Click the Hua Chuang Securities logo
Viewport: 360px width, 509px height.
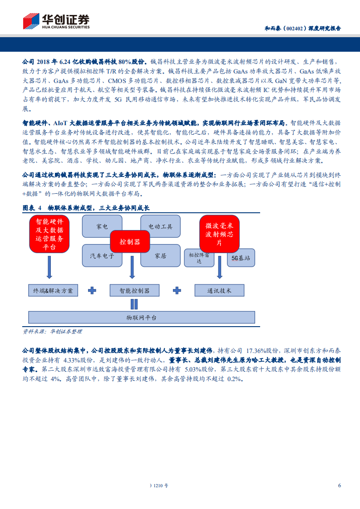56,21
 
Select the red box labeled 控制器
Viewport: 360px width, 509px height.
129,242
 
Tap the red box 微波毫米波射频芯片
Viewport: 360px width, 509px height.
219,234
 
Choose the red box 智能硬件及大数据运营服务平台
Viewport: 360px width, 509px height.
49,234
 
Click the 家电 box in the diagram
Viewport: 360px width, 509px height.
102,226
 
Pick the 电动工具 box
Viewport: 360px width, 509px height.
160,226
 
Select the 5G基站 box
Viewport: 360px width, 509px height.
241,257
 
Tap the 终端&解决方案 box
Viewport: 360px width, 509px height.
53,290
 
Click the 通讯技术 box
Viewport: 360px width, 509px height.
219,290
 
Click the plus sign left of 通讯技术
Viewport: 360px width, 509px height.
177,290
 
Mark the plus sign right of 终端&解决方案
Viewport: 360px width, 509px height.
93,290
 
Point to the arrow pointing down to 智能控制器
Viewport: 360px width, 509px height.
132,268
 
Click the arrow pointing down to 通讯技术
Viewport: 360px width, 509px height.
219,268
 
